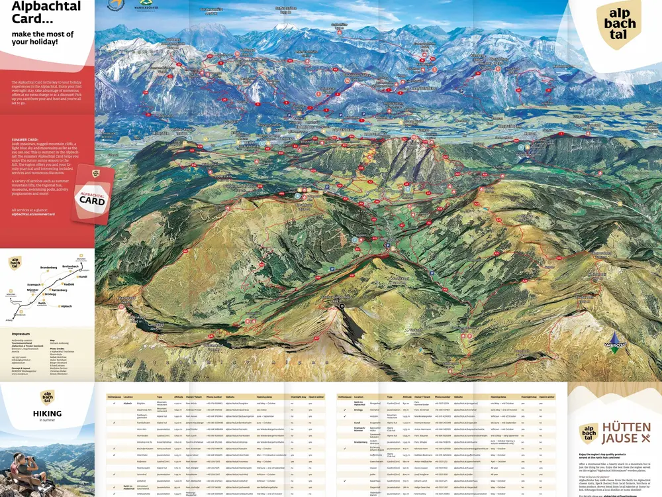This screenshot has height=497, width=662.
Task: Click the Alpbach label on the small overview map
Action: (66, 306)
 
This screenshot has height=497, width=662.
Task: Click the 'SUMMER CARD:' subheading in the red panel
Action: (26, 140)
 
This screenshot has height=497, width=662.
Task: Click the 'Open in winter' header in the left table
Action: (316, 396)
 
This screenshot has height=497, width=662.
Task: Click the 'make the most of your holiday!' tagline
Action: (42, 37)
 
